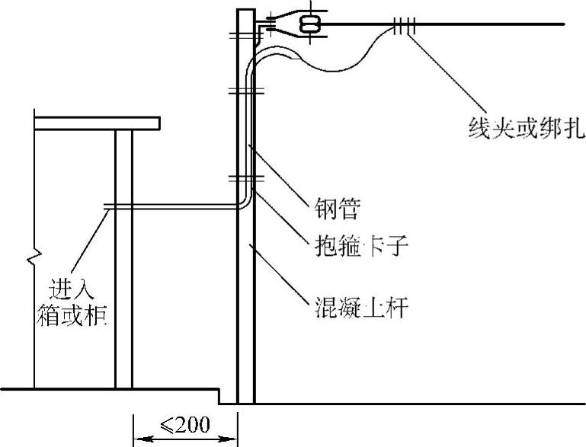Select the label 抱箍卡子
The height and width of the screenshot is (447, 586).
coord(357,248)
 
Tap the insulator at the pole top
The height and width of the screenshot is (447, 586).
coord(309,25)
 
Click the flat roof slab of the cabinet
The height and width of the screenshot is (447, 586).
coord(97,123)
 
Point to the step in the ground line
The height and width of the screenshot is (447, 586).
coord(219,396)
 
